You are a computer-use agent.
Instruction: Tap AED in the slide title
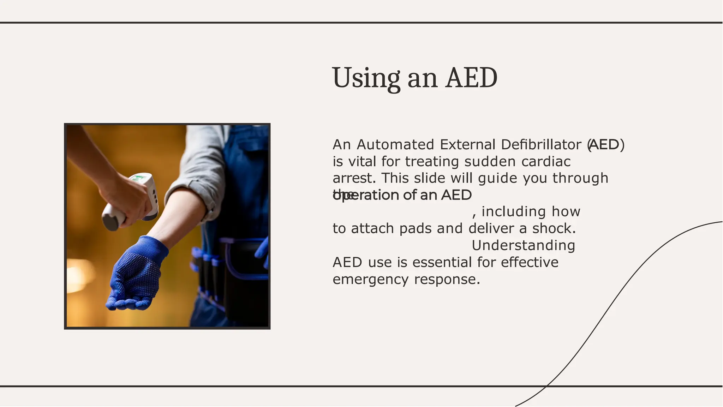(x=471, y=78)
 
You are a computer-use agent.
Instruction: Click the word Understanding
(x=523, y=246)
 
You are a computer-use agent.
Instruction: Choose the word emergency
(x=371, y=280)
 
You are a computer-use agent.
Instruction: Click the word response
(x=447, y=280)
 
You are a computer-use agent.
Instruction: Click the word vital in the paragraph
(x=363, y=162)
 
